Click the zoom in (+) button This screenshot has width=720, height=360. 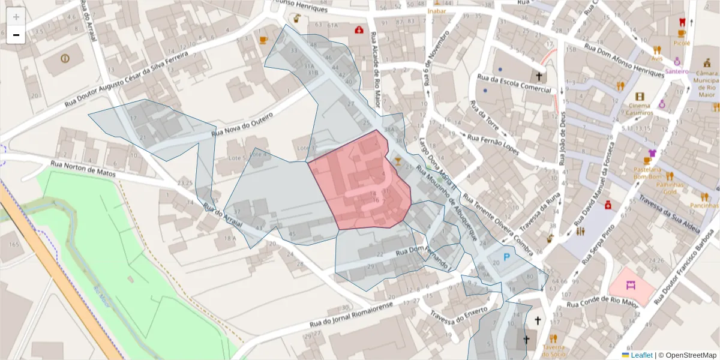point(16,17)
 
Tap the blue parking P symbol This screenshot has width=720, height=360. point(506,258)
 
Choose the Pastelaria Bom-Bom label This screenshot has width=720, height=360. point(647,173)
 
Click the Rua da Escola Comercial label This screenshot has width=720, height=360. point(514,84)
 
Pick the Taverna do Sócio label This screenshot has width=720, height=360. point(554,350)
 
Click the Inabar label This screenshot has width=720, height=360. point(437,11)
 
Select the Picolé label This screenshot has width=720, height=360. point(682,43)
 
